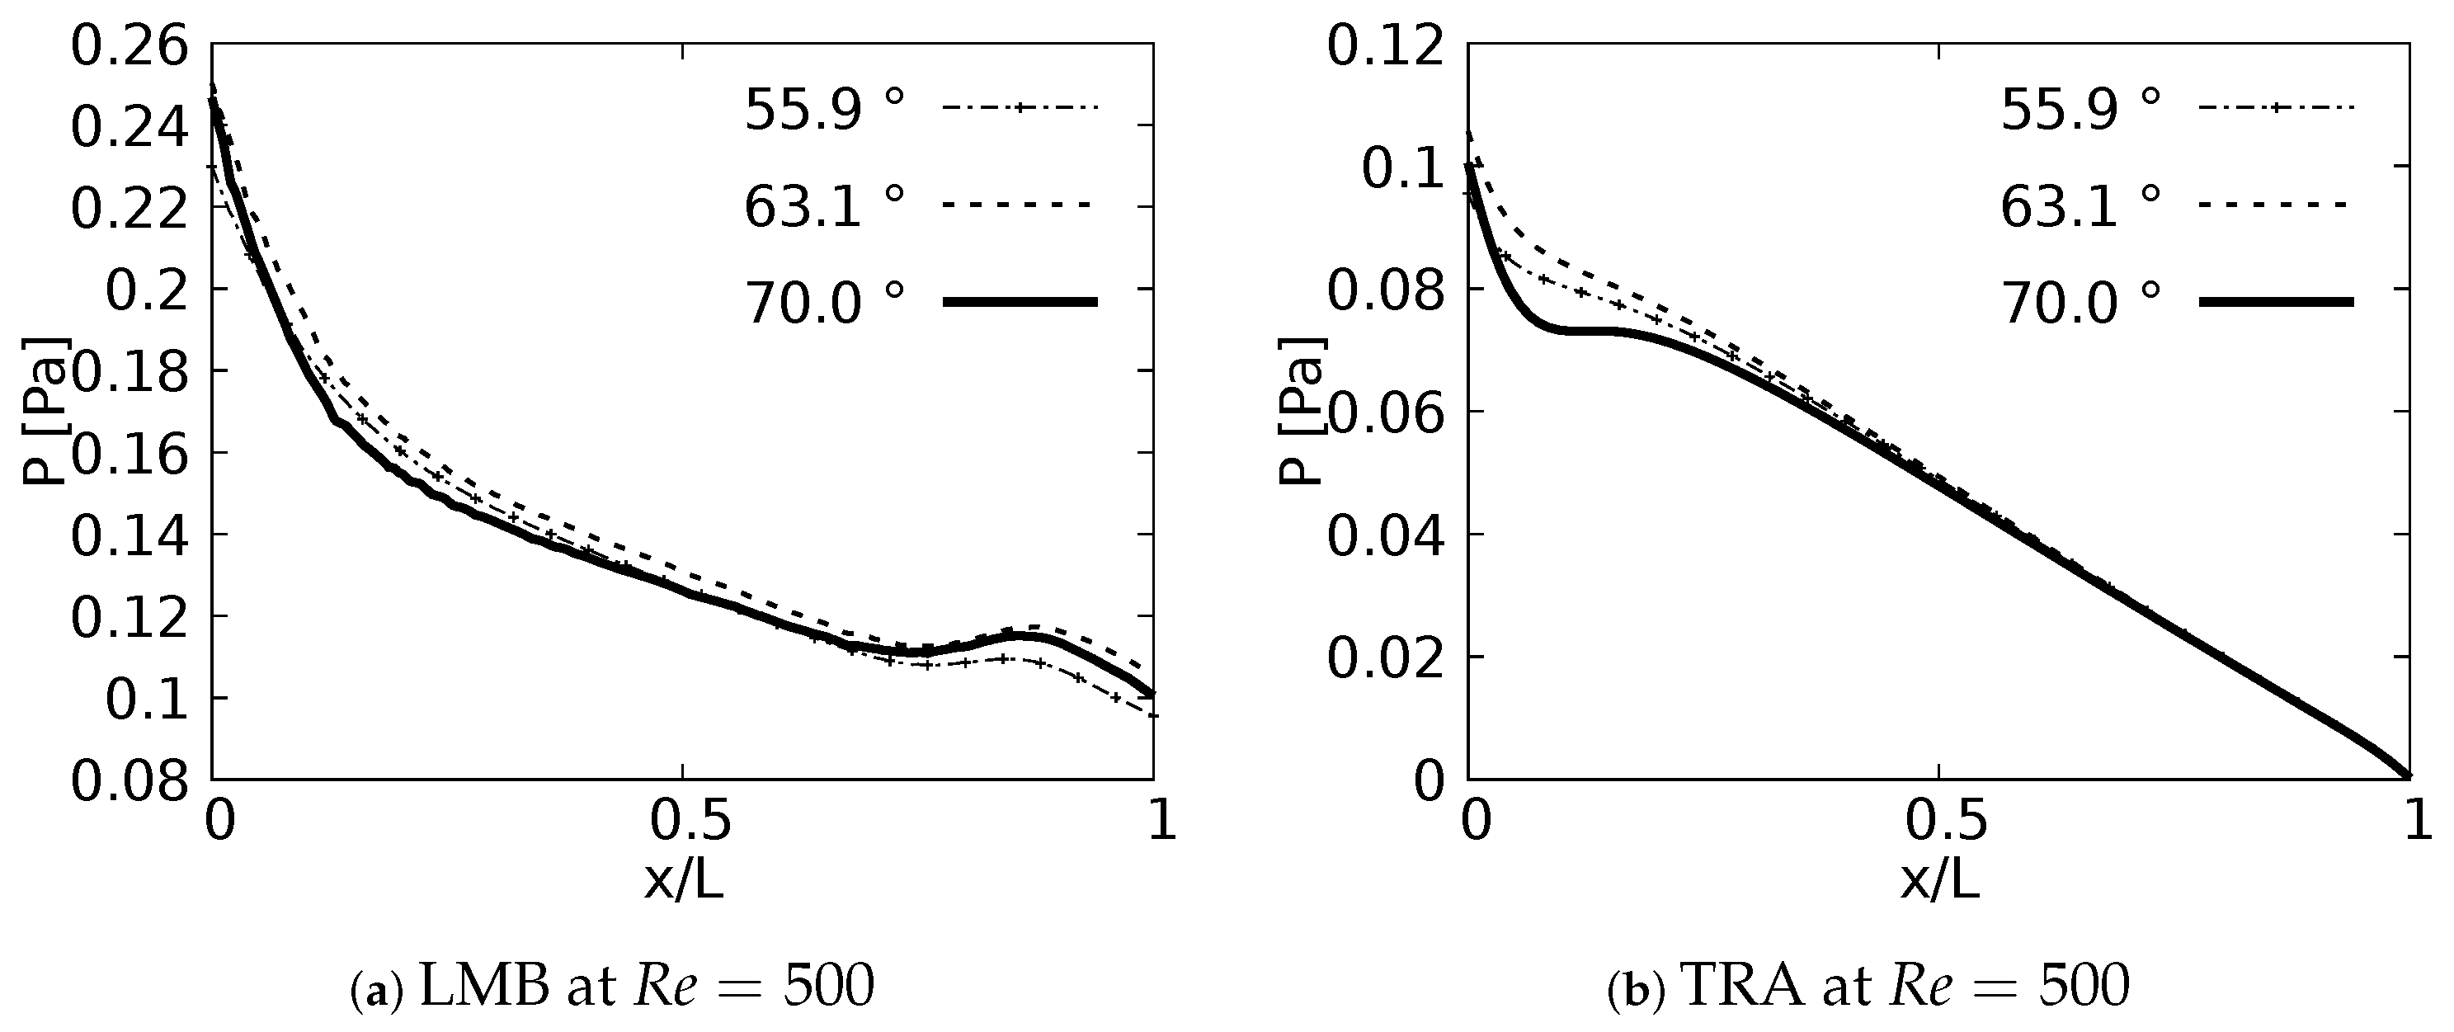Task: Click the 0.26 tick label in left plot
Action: [129, 48]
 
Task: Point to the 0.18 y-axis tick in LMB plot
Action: [129, 370]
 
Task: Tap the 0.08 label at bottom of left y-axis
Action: [129, 781]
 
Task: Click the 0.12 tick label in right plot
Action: [1385, 48]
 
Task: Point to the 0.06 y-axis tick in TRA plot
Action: [1385, 412]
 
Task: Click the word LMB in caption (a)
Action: [484, 987]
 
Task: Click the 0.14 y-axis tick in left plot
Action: [129, 535]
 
